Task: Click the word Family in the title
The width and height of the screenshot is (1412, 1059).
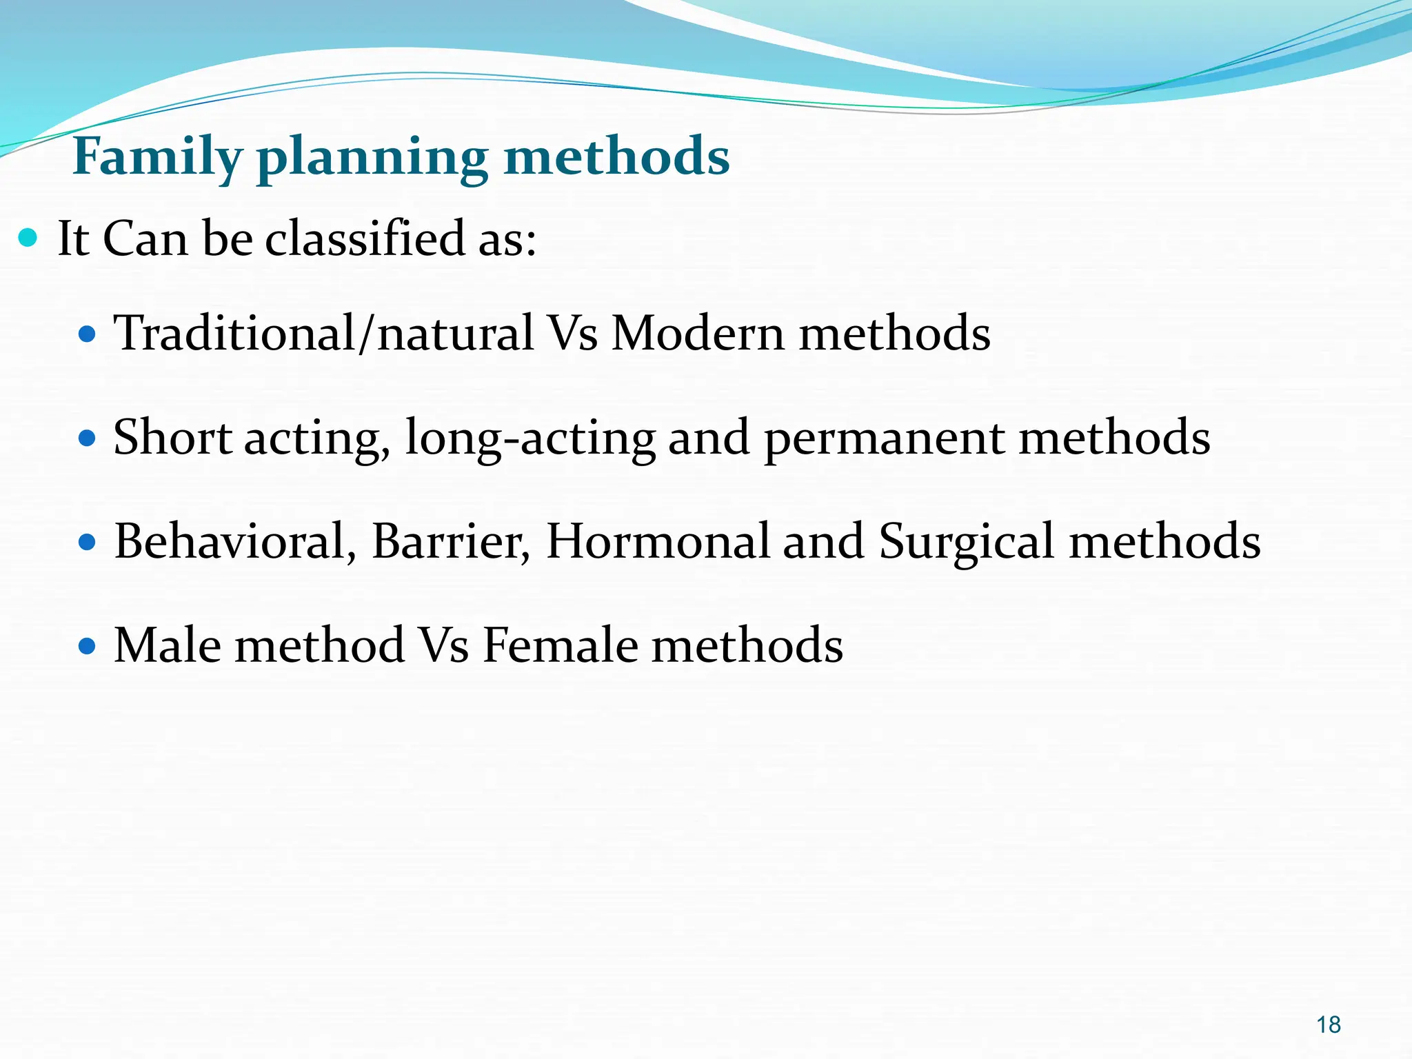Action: (157, 157)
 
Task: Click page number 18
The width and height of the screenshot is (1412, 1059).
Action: (1328, 1025)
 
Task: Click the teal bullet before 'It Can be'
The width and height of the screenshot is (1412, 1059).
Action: (28, 239)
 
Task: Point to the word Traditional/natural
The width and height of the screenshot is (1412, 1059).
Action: (323, 334)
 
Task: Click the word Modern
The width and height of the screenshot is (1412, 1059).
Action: (698, 334)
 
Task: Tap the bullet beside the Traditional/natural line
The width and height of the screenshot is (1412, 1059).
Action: (87, 335)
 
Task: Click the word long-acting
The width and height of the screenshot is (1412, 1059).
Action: (530, 438)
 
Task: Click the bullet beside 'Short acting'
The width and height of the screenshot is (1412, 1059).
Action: (87, 438)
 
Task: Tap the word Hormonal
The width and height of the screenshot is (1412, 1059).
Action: (658, 542)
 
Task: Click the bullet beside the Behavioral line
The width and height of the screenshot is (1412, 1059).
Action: (87, 543)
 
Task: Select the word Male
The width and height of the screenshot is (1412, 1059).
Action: (168, 645)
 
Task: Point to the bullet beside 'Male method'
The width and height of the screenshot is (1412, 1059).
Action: (87, 647)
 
